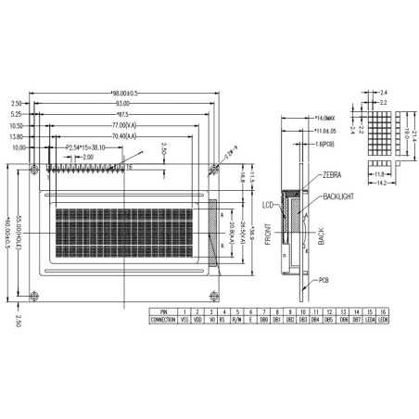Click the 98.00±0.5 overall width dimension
coord(124,94)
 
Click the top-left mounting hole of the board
coord(36,169)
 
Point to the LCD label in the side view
coord(268,203)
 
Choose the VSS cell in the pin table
coord(184,318)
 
